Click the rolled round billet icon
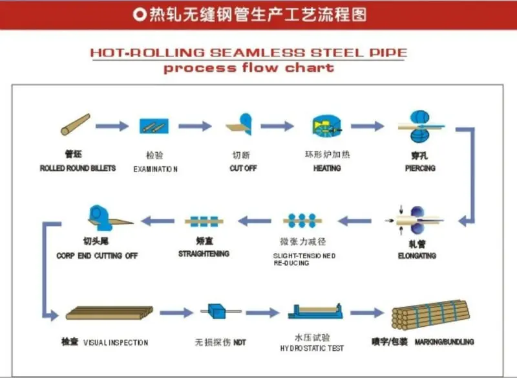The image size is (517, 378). pyautogui.click(x=75, y=125)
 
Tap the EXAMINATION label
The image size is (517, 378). pyautogui.click(x=155, y=169)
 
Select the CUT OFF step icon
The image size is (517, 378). pyautogui.click(x=242, y=124)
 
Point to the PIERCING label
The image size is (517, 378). pyautogui.click(x=420, y=168)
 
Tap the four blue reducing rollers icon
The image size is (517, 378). pyautogui.click(x=301, y=221)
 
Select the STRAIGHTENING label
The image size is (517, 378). pyautogui.click(x=204, y=254)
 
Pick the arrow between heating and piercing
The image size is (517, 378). pyautogui.click(x=368, y=126)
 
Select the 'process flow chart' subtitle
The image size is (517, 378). pyautogui.click(x=248, y=68)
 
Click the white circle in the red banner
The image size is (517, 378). pyautogui.click(x=138, y=14)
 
